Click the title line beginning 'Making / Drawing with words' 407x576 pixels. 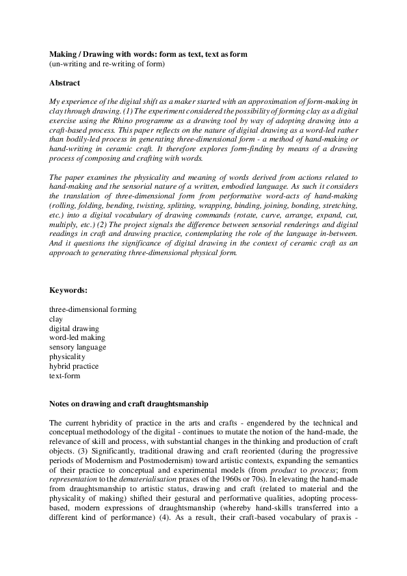148,53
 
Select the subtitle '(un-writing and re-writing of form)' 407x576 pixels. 107,64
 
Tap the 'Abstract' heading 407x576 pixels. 64,83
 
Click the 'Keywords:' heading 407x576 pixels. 68,290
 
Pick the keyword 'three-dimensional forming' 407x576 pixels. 92,309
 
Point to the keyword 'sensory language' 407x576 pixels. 77,348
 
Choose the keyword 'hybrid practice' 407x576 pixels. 75,366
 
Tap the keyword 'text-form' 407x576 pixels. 64,376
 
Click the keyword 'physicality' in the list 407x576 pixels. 67,356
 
